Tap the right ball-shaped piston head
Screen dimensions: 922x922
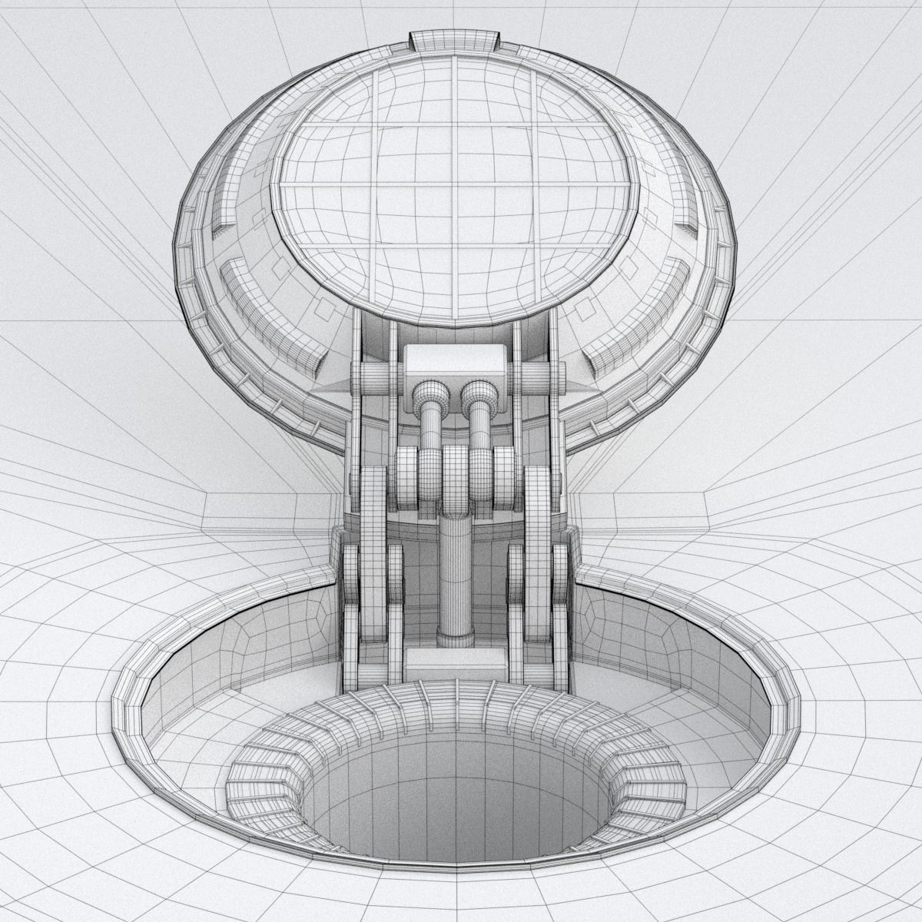pos(478,396)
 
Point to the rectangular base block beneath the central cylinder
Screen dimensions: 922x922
pos(455,662)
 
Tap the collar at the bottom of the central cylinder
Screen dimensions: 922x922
pos(456,637)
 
